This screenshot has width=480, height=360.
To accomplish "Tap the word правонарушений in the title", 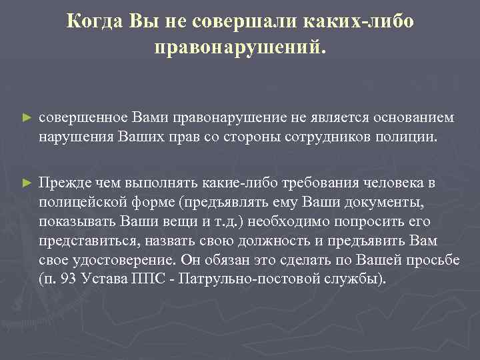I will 240,48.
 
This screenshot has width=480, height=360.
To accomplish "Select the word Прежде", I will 63,182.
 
